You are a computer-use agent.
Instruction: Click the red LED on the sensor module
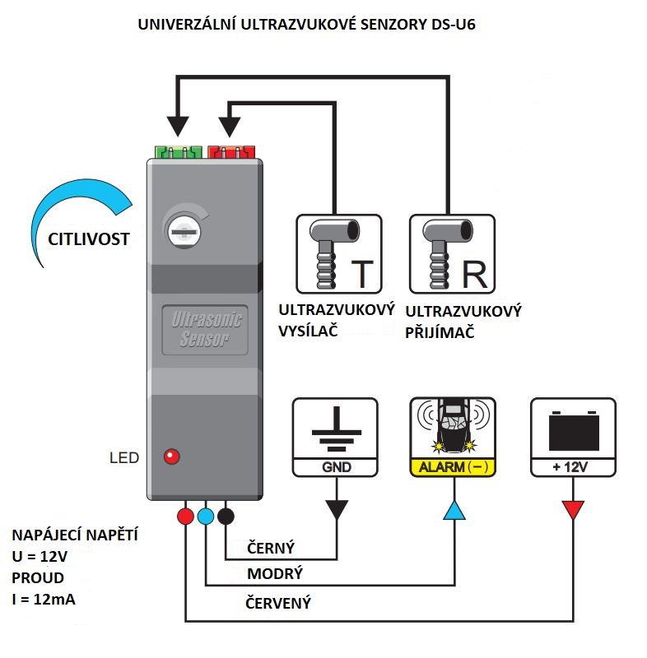point(172,456)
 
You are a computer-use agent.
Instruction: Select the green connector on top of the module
point(177,151)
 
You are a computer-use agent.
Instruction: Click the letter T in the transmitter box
point(362,275)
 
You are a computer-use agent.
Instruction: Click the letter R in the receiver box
point(475,275)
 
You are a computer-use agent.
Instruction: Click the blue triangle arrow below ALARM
point(454,510)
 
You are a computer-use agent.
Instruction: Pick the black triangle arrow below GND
point(337,510)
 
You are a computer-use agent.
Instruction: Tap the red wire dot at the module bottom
point(186,517)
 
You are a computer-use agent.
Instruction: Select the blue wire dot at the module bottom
point(206,517)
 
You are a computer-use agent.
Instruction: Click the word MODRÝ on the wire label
point(275,573)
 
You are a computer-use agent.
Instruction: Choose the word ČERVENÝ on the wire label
point(279,603)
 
